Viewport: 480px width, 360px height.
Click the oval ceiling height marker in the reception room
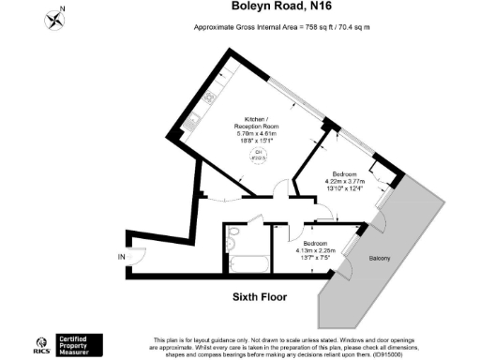[x=258, y=156]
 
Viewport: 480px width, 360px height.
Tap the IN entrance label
[x=120, y=258]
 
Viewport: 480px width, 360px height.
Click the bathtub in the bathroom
[x=250, y=263]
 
